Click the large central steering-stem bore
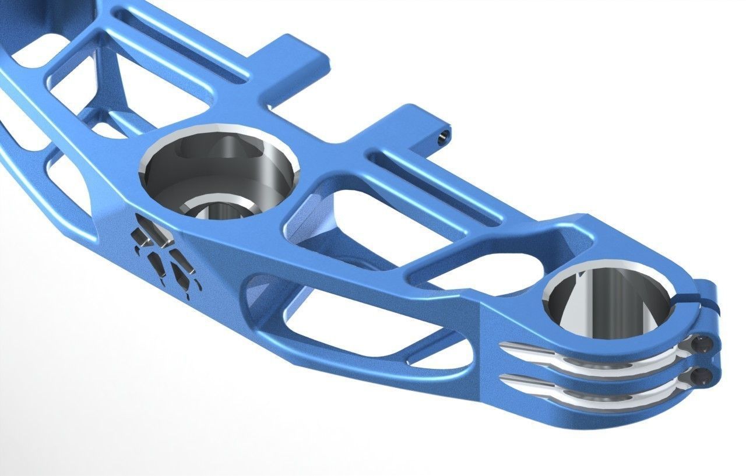(219, 169)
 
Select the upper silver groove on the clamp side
(589, 356)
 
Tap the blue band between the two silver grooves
(589, 373)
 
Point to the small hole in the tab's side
(444, 136)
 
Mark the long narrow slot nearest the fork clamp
(443, 186)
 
